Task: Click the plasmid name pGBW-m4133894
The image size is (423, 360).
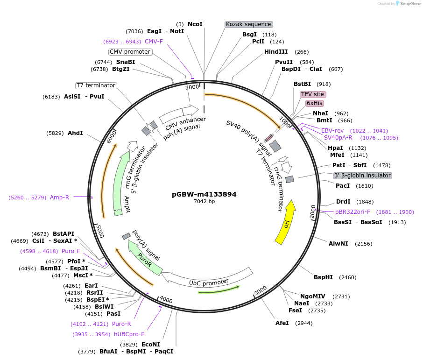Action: (204, 194)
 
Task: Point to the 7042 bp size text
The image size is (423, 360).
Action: (204, 202)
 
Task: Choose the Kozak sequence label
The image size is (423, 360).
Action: (248, 24)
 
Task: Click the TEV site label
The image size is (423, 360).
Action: (312, 94)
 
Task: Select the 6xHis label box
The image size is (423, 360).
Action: (314, 103)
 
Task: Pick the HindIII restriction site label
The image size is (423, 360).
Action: (276, 52)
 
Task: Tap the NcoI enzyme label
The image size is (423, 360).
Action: (195, 24)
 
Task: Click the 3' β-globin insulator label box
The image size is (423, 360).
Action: (362, 176)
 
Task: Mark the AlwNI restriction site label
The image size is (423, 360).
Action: (338, 244)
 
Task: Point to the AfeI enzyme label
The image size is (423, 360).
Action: (282, 323)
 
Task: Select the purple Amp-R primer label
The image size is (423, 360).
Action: (59, 198)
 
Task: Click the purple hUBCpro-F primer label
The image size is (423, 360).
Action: (129, 334)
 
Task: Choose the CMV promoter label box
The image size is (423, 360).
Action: (130, 52)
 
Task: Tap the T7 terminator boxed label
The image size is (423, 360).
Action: (96, 85)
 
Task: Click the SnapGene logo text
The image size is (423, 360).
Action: (409, 4)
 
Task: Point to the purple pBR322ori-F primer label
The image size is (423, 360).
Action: (352, 212)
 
